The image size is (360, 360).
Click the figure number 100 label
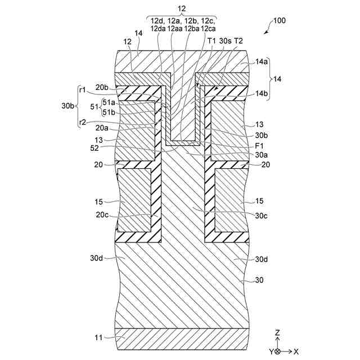coord(279,21)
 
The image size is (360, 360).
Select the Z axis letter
coord(277,333)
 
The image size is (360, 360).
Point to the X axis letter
coord(296,351)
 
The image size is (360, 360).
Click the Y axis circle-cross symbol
coord(277,351)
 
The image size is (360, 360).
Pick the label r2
coord(82,122)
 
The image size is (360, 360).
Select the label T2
coord(238,41)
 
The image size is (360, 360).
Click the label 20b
coord(102,87)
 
